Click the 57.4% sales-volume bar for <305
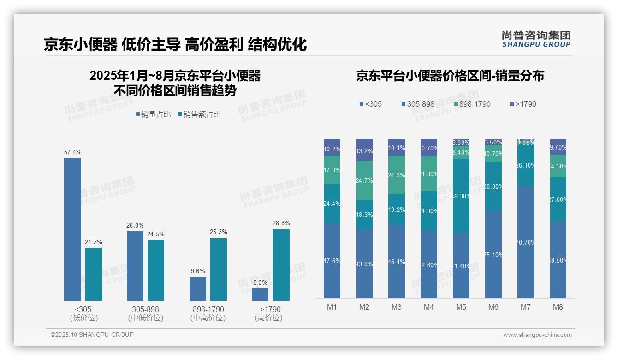pyautogui.click(x=72, y=229)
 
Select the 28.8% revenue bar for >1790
pyautogui.click(x=281, y=265)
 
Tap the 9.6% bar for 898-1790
pyautogui.click(x=198, y=289)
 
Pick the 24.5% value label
pyautogui.click(x=156, y=234)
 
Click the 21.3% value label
pyautogui.click(x=94, y=242)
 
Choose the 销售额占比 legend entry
pyautogui.click(x=199, y=114)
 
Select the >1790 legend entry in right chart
pyautogui.click(x=523, y=104)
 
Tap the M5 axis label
pyautogui.click(x=461, y=307)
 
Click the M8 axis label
pyautogui.click(x=558, y=307)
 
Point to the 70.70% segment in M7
pyautogui.click(x=526, y=242)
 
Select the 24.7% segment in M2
pyautogui.click(x=364, y=180)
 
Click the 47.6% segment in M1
pyautogui.click(x=332, y=261)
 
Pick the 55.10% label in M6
pyautogui.click(x=493, y=255)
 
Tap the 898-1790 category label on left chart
pyautogui.click(x=208, y=313)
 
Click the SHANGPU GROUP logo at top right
pyautogui.click(x=536, y=39)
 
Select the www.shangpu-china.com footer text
pyautogui.click(x=537, y=335)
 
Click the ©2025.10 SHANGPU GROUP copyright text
pyautogui.click(x=92, y=335)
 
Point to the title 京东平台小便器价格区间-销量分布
pyautogui.click(x=450, y=76)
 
